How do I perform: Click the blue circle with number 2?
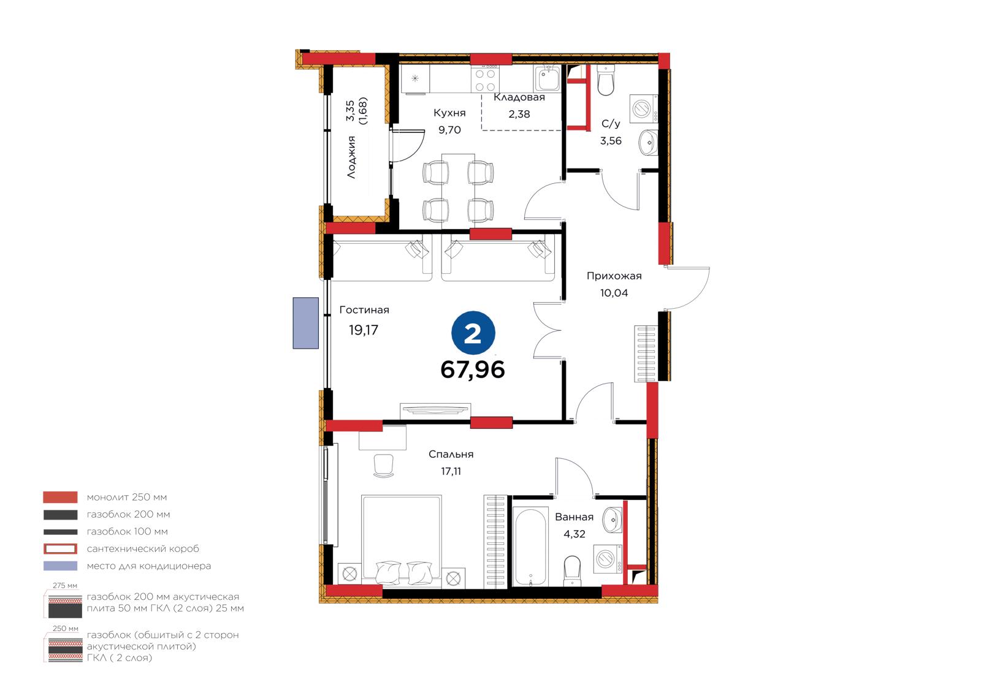coord(473,333)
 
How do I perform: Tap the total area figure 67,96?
coord(473,369)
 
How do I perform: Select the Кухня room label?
coord(449,113)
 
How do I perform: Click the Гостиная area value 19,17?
coord(363,330)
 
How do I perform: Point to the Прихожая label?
coord(614,276)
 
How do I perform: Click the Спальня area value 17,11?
coord(451,471)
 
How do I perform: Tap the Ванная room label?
coord(574,517)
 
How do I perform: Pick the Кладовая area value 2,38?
coord(519,114)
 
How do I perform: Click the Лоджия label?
coord(351,157)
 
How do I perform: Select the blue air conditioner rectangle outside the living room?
coord(306,323)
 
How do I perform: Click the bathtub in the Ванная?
coord(530,547)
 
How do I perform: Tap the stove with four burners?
coord(485,80)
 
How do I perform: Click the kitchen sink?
coord(546,79)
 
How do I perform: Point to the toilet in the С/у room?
coord(606,80)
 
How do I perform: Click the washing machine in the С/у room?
coord(643,108)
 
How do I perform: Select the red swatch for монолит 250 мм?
coord(61,498)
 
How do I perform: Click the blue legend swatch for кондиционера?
coord(61,566)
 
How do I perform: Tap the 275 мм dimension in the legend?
coord(65,585)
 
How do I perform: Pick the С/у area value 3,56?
coord(611,141)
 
